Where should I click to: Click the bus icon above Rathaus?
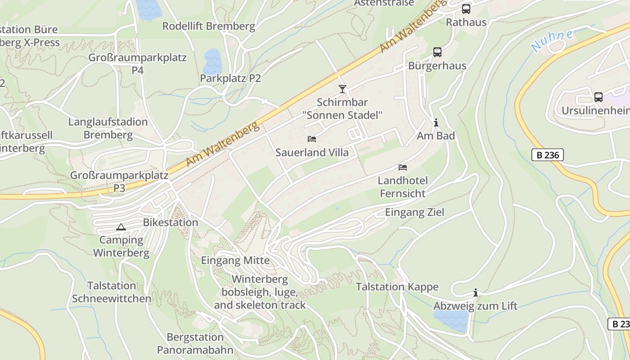(466, 9)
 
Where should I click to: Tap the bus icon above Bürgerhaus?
(437, 52)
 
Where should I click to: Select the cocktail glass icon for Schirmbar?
(342, 89)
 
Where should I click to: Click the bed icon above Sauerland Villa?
(312, 139)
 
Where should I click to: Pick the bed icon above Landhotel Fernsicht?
(403, 167)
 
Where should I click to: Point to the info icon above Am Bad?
(436, 122)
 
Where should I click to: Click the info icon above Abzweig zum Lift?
(476, 293)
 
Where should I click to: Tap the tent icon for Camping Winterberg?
(121, 227)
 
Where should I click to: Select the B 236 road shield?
(547, 155)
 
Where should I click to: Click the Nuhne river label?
(552, 40)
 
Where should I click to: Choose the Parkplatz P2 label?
(230, 78)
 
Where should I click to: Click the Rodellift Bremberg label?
(209, 26)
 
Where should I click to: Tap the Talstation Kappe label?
(397, 287)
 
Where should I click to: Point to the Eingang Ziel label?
(414, 212)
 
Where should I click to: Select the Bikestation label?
(171, 222)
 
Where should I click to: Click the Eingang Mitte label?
(235, 260)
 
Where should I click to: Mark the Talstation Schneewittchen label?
(112, 292)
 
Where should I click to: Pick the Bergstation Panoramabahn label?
(195, 343)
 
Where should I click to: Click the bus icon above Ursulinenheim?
(598, 97)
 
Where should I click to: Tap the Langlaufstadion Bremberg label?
(108, 128)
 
